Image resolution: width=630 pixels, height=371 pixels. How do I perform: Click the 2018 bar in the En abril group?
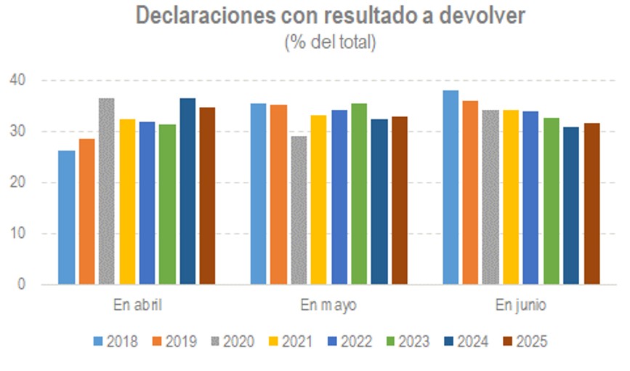(x=67, y=218)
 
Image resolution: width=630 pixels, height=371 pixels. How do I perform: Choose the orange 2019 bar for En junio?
(x=471, y=193)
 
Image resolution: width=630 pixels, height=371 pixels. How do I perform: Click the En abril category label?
(x=137, y=304)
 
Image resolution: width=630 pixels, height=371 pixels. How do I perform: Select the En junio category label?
(x=521, y=304)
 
